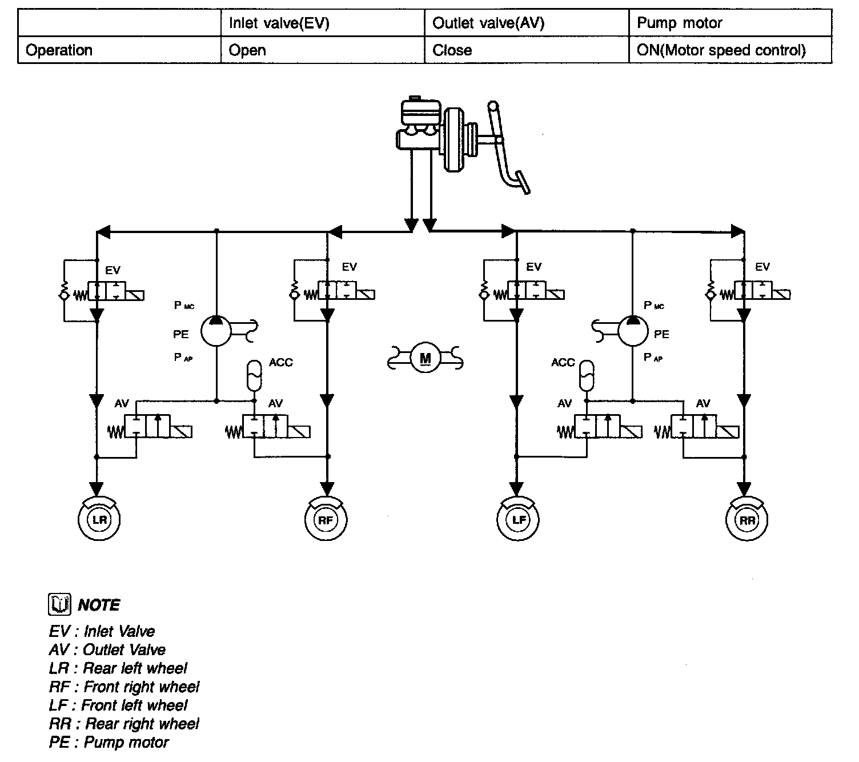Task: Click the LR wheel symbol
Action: click(x=99, y=519)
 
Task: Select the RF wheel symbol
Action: click(x=326, y=519)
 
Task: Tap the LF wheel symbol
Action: click(x=518, y=519)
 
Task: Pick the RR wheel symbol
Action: click(x=746, y=519)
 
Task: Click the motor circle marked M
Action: click(x=426, y=358)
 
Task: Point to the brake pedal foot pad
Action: click(x=523, y=182)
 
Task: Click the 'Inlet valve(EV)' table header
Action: click(x=279, y=23)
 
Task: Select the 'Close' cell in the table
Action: click(x=452, y=50)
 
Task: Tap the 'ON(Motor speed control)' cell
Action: click(x=721, y=50)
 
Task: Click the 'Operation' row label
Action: click(x=59, y=50)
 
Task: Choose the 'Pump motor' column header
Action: click(x=679, y=23)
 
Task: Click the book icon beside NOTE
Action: click(x=59, y=604)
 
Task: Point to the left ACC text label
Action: click(x=280, y=362)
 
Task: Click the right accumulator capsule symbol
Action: click(x=587, y=375)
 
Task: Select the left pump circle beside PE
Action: click(x=216, y=331)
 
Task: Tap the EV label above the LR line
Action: click(x=113, y=270)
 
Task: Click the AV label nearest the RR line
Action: click(x=703, y=403)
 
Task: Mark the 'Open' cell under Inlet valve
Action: click(x=247, y=50)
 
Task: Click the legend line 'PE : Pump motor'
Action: click(x=109, y=742)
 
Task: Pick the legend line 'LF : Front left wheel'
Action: click(x=118, y=705)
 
